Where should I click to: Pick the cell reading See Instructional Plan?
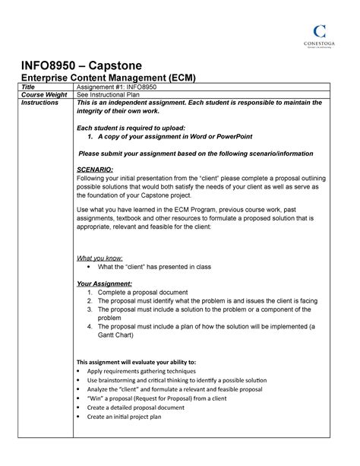pyautogui.click(x=118, y=95)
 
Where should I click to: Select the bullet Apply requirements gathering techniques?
pyautogui.click(x=144, y=371)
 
